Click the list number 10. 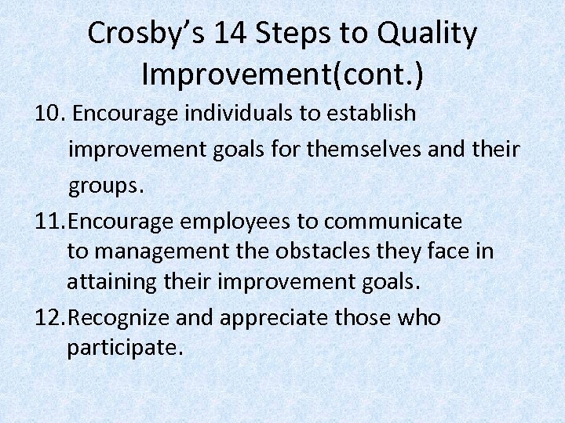49,114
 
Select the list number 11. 50,222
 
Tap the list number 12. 50,318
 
